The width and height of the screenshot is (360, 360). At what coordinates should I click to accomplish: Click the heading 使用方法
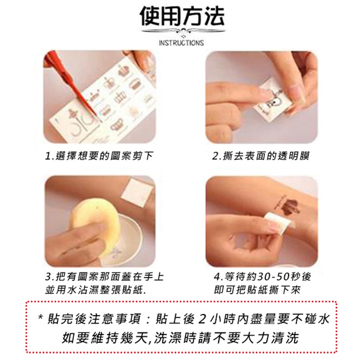(x=181, y=17)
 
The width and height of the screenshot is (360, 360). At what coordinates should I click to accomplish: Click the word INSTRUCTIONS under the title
(x=181, y=43)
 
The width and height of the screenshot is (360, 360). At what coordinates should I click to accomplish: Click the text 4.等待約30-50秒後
(x=263, y=276)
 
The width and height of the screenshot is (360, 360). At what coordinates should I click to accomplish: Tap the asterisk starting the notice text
(x=41, y=319)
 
